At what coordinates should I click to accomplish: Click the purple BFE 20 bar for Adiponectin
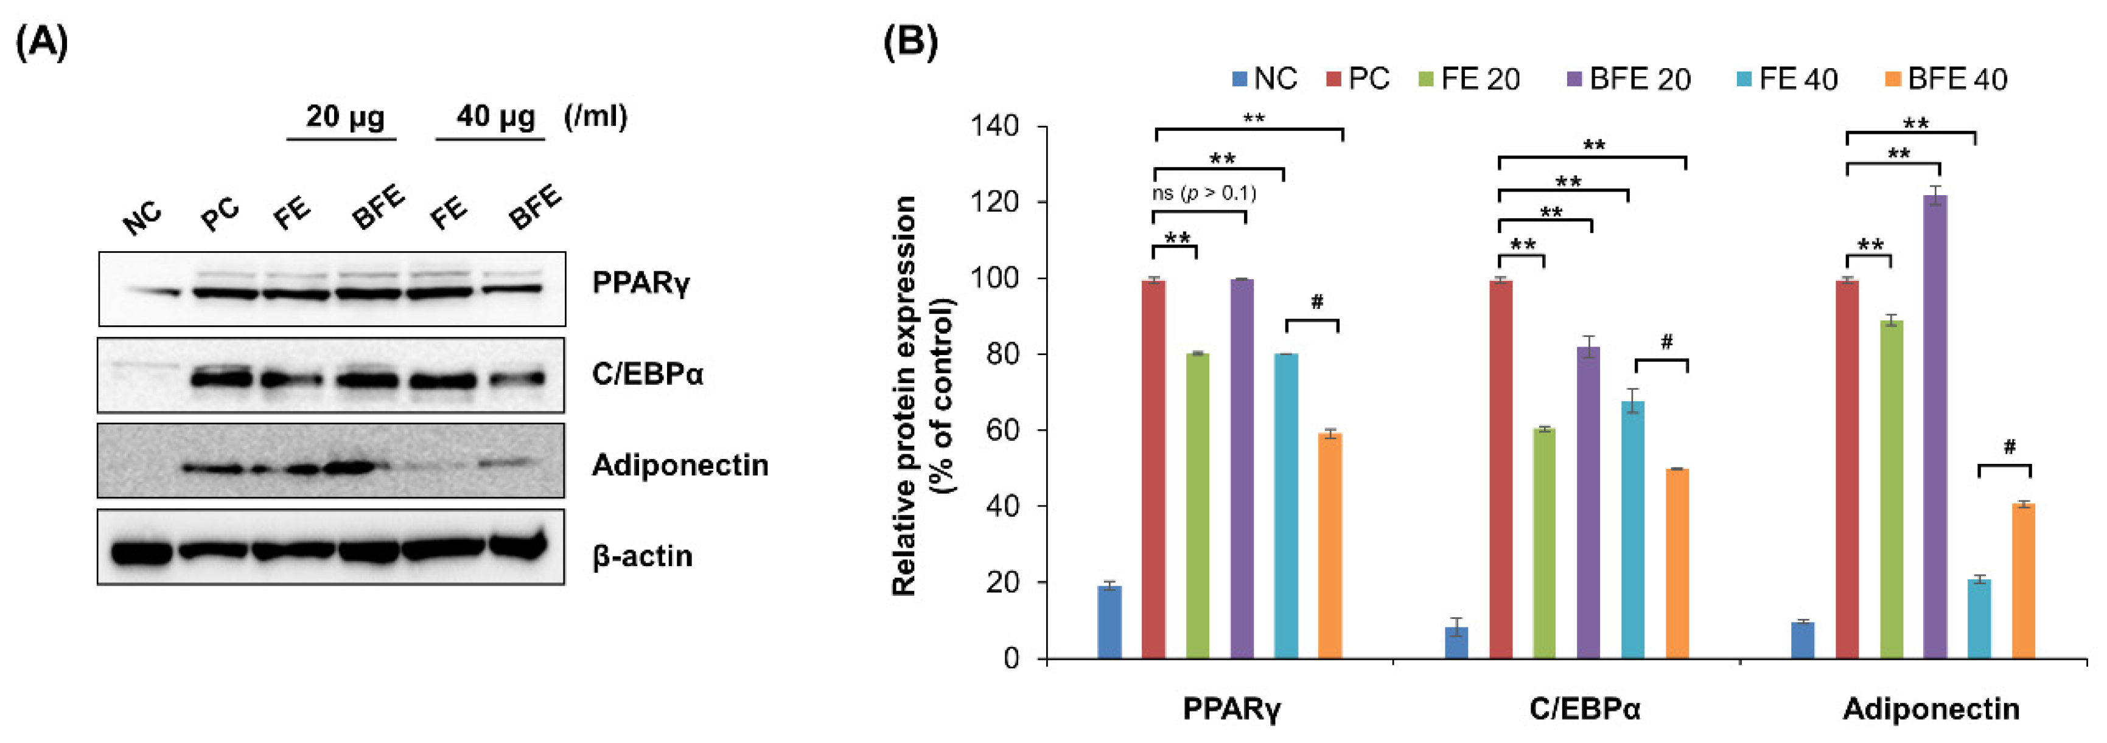1935,426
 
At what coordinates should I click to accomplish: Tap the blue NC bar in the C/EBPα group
1457,643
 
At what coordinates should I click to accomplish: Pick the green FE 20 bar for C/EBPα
1544,543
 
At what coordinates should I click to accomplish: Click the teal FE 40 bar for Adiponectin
1979,619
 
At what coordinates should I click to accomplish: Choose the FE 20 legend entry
1469,79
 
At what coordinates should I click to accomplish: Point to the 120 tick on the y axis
994,202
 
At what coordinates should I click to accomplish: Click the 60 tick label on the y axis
1002,430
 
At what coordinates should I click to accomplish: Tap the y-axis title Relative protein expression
903,396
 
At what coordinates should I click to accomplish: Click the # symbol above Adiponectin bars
2010,446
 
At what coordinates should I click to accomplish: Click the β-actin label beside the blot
643,556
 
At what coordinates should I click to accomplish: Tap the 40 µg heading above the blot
495,116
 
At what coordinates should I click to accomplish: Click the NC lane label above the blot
142,218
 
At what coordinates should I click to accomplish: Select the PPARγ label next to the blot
640,283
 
